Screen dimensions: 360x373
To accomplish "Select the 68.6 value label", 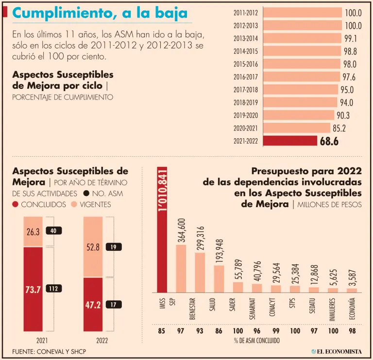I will tap(329, 141).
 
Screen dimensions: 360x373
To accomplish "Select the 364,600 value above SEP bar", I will tap(181, 231).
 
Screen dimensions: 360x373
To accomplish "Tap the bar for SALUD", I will tap(219, 279).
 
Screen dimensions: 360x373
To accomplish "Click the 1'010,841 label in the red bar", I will tap(162, 192).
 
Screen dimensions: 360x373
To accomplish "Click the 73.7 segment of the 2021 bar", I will tap(33, 290).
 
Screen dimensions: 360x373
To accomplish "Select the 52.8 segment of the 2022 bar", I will tap(93, 247).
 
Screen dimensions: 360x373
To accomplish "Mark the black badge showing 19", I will tap(114, 247).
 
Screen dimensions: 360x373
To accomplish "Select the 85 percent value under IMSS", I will tap(162, 331).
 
